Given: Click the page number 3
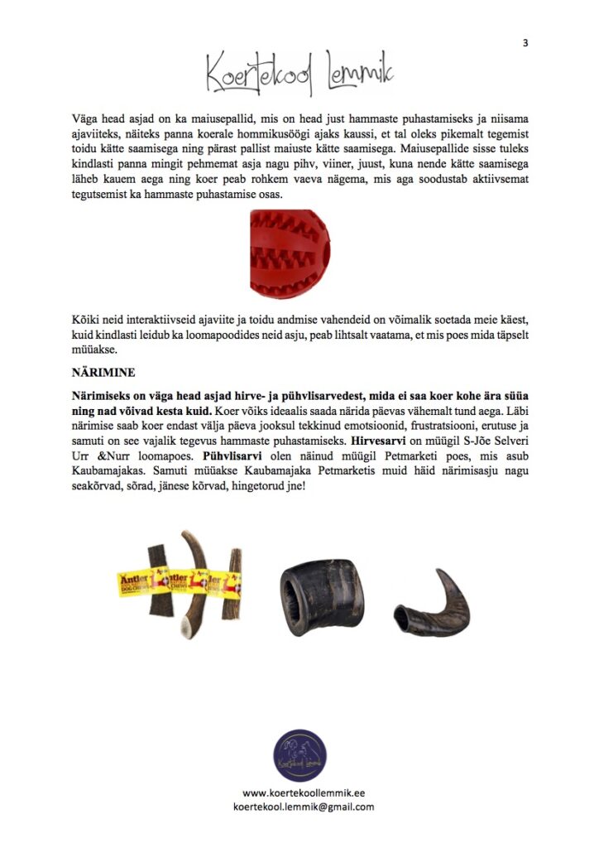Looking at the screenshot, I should tap(525, 42).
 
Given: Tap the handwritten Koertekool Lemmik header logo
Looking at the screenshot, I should tap(299, 73).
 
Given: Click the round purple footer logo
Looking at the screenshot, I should tap(299, 754).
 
